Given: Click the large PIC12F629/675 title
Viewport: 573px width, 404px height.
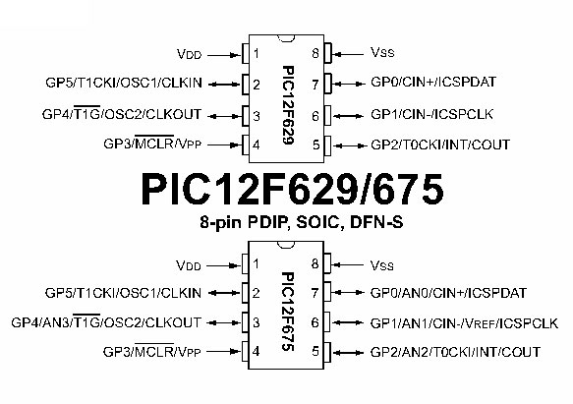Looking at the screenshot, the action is [292, 190].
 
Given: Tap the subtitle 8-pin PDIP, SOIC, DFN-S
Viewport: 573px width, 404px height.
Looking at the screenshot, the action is [302, 222].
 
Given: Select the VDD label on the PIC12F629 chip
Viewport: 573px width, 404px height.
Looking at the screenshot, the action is [189, 54].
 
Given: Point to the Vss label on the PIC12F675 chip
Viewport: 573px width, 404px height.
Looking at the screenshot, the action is [382, 265].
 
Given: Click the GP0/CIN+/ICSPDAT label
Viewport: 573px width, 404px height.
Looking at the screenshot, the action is [433, 82].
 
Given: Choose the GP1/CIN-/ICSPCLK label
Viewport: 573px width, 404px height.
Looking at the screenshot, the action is [431, 114].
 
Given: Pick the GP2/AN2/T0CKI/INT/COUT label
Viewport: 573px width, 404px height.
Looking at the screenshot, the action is [455, 352].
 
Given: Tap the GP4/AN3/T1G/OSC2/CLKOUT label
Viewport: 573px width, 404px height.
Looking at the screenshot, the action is [106, 322].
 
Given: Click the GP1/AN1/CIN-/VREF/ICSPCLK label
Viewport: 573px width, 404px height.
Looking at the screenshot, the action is [464, 323].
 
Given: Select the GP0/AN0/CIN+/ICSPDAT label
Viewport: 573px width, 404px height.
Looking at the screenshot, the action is [448, 293].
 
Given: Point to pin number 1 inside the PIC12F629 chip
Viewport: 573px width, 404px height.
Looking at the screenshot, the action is [257, 53].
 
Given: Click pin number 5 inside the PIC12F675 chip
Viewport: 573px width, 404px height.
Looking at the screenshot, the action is [315, 351].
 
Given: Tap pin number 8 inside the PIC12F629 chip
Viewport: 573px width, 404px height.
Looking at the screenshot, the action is [315, 53].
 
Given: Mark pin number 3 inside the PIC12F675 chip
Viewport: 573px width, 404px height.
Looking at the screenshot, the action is [257, 322].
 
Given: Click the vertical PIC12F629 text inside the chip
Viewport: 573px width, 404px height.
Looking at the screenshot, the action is [288, 105].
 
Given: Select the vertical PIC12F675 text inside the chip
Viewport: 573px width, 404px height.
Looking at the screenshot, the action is [288, 312].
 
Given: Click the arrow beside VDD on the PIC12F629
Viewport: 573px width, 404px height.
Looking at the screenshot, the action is [224, 55].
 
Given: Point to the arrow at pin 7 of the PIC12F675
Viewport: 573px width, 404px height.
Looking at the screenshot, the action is [349, 293].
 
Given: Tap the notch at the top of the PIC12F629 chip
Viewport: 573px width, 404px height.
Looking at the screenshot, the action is [286, 38].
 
